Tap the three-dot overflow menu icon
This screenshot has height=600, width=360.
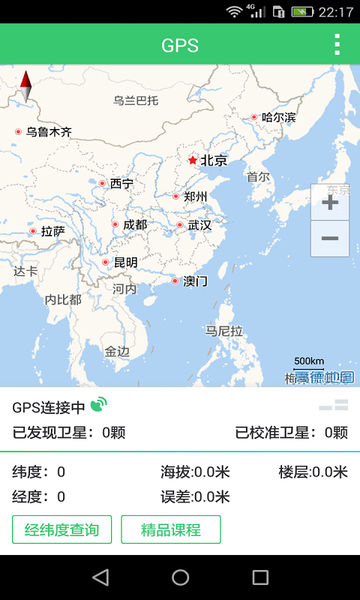337,45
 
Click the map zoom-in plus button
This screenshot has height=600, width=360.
330,202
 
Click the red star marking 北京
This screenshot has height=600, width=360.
193,160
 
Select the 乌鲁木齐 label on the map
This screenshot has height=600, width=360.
49,132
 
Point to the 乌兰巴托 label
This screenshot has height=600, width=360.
136,100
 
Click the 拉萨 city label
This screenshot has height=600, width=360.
52,231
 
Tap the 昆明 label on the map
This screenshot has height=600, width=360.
125,262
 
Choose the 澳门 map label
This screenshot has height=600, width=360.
195,281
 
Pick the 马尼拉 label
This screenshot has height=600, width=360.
225,331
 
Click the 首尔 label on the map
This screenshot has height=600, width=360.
258,177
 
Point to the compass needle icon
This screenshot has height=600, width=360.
25,86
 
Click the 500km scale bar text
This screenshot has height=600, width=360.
309,361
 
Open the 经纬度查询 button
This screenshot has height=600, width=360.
61,529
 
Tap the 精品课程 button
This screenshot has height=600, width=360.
171,529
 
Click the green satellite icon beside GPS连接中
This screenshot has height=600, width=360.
98,406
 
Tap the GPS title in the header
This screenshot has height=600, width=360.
180,45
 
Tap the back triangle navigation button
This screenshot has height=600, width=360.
100,577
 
